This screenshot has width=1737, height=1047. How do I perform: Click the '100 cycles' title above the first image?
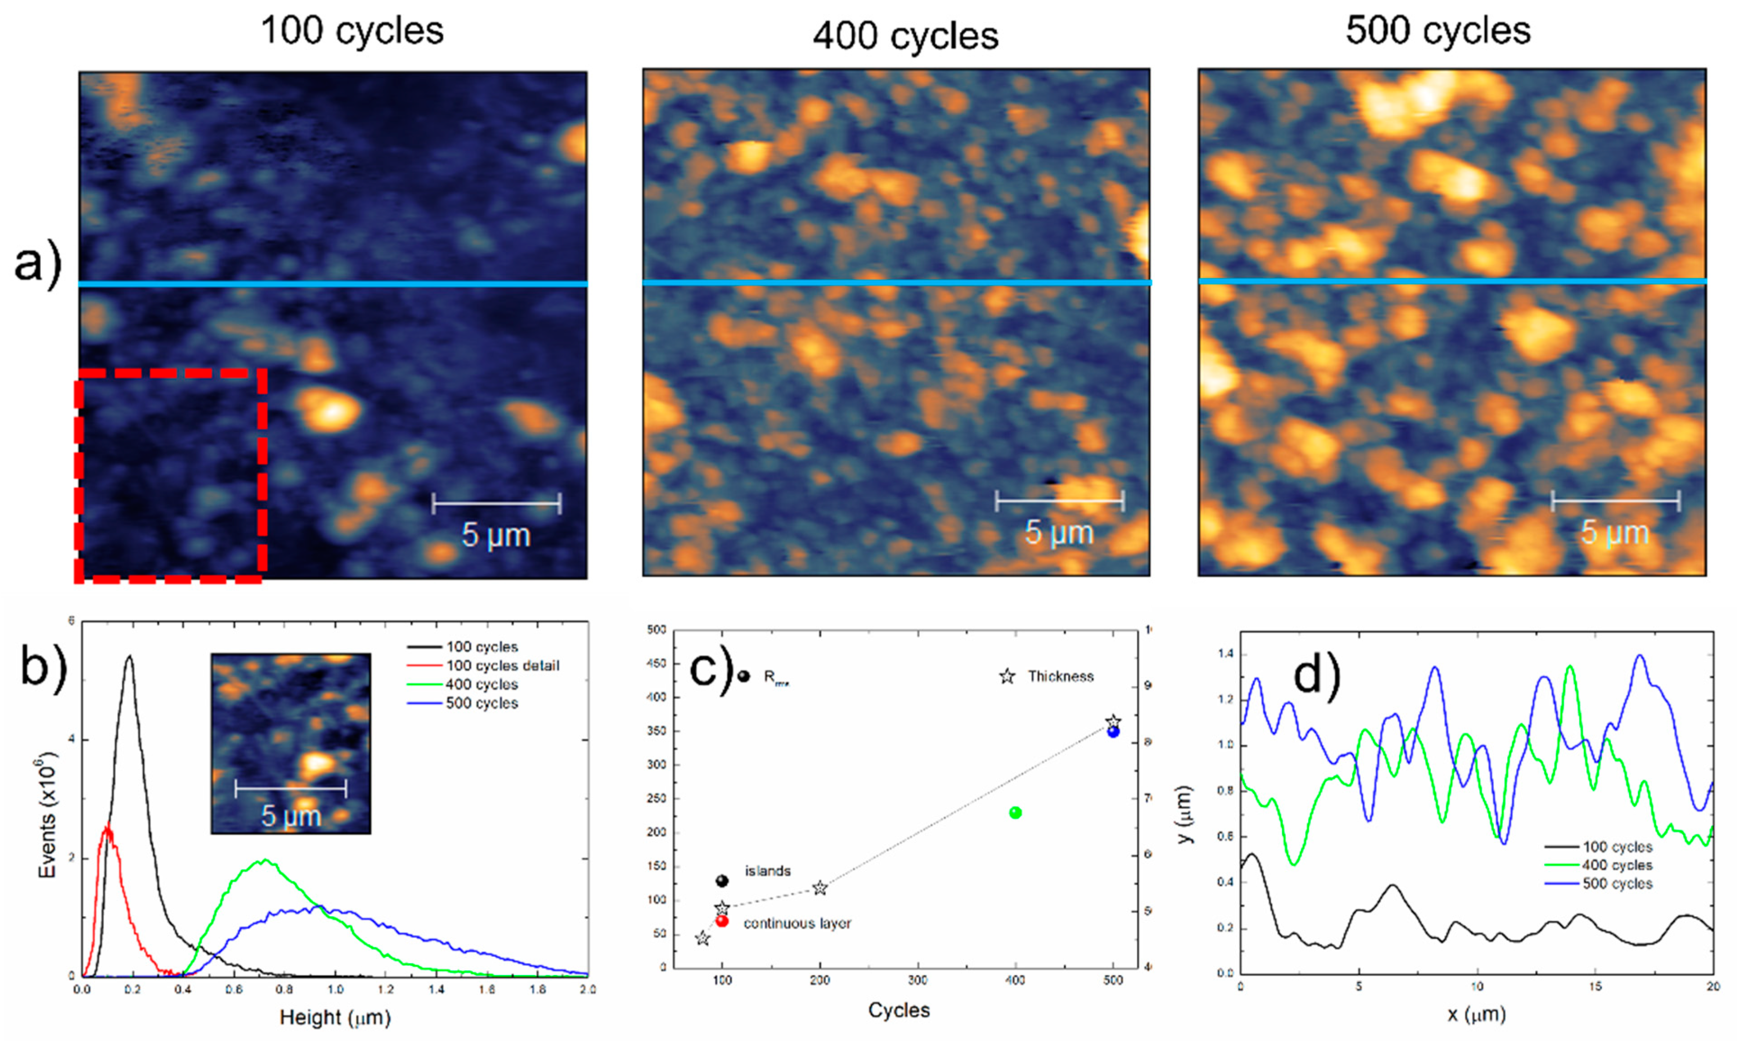point(352,31)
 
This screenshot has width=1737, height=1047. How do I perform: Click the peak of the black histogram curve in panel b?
point(129,656)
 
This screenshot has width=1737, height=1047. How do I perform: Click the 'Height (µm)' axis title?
point(335,1017)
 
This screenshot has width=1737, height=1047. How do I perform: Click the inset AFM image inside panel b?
point(290,743)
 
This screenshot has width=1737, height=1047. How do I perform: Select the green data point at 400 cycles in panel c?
point(1015,813)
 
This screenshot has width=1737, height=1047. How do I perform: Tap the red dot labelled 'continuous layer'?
point(722,921)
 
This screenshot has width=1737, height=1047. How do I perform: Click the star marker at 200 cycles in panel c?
point(819,888)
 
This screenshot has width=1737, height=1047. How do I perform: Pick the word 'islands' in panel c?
point(768,871)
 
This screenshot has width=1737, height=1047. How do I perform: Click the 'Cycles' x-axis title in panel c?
point(899,1010)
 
